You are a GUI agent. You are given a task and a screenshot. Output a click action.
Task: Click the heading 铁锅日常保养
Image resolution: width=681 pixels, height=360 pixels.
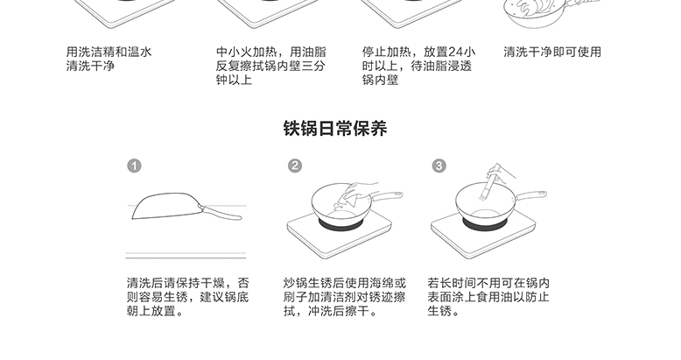point(335,128)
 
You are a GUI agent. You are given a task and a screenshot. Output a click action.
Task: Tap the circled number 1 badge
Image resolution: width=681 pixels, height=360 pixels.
point(134,166)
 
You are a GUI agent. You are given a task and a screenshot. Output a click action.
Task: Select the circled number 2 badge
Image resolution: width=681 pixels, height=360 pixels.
point(295,166)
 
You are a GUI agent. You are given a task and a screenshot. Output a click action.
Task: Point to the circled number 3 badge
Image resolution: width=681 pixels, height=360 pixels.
point(439,166)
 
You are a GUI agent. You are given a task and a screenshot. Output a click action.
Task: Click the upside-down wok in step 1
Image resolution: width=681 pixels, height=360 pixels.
point(167,205)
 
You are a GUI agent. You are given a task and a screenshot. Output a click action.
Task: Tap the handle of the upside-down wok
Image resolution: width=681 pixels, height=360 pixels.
point(221,213)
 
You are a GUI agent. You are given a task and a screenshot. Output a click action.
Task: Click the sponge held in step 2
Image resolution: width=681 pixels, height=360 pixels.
point(350,197)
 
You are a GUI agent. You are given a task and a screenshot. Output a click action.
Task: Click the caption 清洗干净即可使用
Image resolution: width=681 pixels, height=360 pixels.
point(552,53)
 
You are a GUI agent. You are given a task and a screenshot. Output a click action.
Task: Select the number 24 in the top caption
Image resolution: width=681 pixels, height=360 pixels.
point(456,53)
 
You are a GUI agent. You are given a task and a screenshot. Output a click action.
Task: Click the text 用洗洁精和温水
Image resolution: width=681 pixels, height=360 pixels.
point(109,53)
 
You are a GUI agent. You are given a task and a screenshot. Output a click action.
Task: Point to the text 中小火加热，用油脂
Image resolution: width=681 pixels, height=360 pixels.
point(271,53)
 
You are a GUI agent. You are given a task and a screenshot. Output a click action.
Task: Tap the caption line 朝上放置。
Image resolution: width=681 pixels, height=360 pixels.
point(155,311)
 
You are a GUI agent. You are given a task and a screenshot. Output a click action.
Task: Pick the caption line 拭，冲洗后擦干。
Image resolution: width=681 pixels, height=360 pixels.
point(331,311)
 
